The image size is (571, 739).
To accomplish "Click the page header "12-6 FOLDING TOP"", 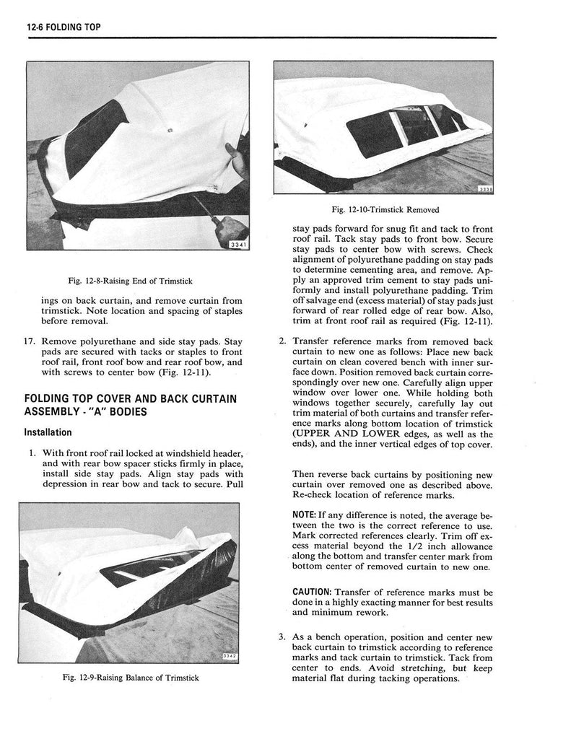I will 63,27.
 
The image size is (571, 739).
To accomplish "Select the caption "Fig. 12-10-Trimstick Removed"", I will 385,210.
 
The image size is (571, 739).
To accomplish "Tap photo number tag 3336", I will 484,189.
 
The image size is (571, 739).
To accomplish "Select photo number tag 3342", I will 229,656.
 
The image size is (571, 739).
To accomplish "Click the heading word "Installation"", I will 48,432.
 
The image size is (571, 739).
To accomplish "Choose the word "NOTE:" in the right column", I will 305,516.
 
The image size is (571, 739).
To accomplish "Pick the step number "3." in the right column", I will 282,637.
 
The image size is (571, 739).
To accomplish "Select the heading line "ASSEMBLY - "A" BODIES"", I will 86,412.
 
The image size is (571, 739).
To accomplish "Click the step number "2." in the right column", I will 282,341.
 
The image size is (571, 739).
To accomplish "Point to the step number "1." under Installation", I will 32,452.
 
